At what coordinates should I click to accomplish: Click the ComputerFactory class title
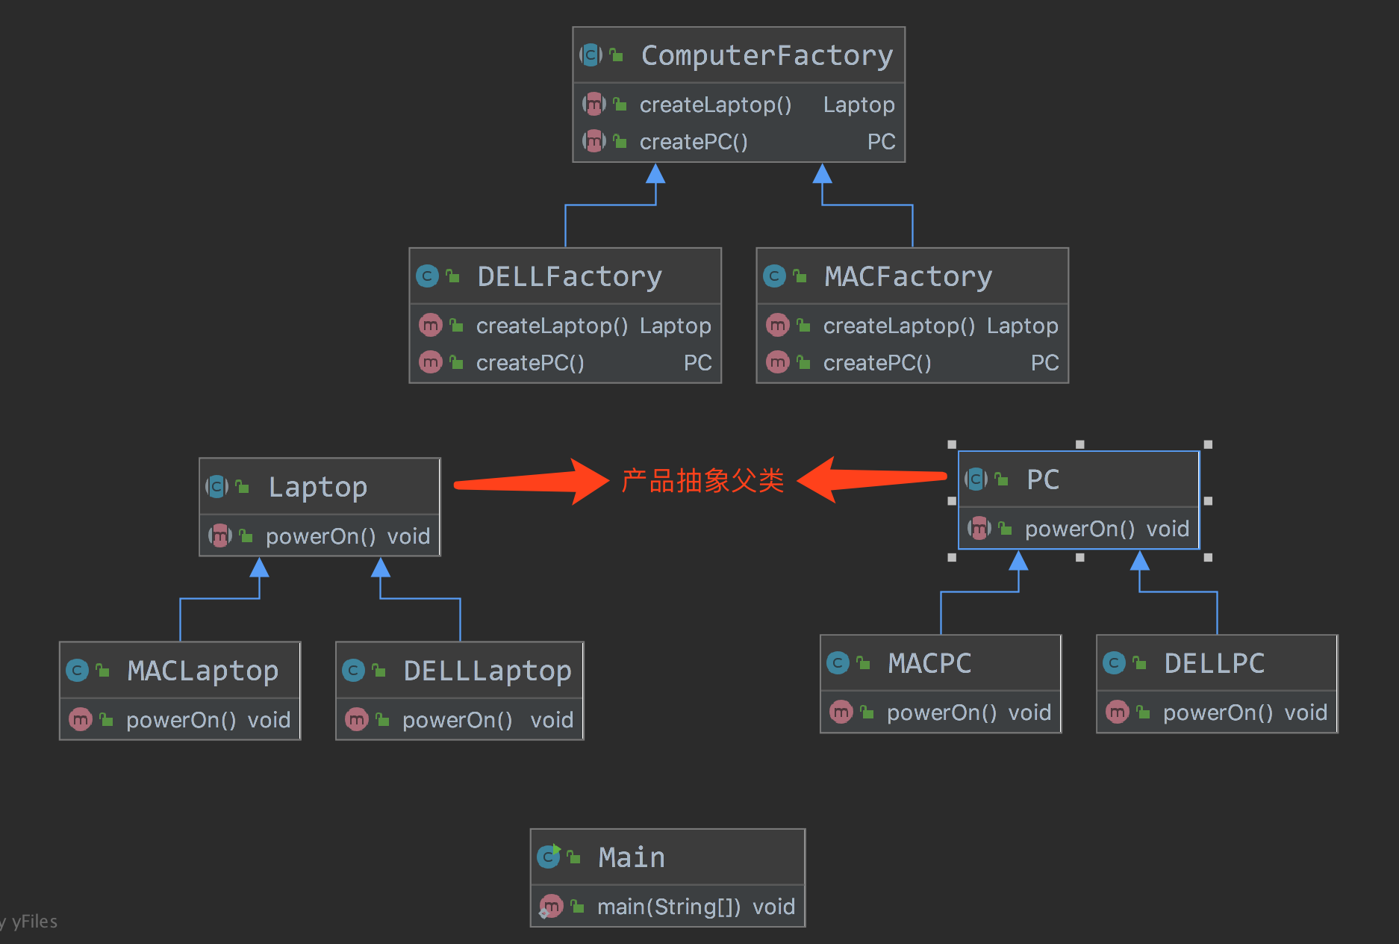coord(767,56)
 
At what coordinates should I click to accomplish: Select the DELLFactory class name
coord(569,277)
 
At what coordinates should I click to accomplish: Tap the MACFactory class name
coord(908,277)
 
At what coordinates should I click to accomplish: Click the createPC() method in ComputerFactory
coord(694,142)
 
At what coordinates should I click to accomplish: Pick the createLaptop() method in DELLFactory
coord(552,326)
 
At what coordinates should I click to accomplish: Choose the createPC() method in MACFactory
coord(877,363)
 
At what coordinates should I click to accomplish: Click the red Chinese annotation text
coord(702,481)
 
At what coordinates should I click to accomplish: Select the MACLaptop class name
coord(202,671)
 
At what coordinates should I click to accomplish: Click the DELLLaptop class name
coord(487,671)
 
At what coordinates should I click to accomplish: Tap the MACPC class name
coord(929,664)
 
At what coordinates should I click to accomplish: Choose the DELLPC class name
coord(1214,664)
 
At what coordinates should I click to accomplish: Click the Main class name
coord(632,857)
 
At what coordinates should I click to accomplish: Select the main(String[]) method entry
coord(669,907)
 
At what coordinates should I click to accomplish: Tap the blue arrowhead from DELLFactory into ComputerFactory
coord(655,174)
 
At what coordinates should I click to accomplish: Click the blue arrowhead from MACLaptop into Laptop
coord(259,568)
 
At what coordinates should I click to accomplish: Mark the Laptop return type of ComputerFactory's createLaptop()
coord(859,105)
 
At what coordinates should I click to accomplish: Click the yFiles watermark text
coord(34,922)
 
